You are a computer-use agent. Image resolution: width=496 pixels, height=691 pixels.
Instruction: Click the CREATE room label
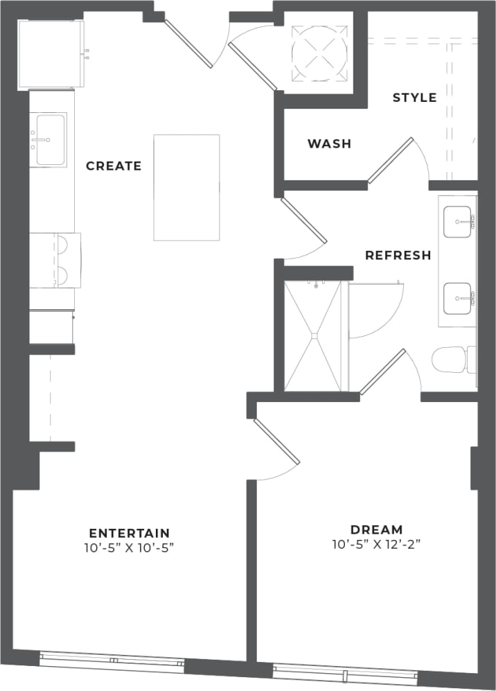pos(114,166)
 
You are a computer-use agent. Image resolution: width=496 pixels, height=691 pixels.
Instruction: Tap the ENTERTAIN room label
pos(129,533)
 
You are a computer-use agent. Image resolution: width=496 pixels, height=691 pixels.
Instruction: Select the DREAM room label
pos(376,530)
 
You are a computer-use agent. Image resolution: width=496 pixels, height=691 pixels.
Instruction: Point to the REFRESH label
pos(398,255)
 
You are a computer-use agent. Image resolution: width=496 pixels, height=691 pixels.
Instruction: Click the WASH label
pos(329,144)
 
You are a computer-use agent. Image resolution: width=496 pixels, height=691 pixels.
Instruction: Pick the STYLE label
pos(414,98)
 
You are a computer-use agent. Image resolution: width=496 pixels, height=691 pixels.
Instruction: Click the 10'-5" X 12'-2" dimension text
pos(376,545)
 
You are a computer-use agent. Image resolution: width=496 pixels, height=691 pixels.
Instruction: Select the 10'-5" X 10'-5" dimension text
pos(129,548)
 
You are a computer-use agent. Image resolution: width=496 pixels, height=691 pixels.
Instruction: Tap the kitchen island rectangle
pos(186,188)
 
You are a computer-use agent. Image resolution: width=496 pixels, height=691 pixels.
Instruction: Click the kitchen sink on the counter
pos(51,140)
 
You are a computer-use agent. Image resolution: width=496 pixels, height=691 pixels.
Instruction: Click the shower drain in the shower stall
pos(313,336)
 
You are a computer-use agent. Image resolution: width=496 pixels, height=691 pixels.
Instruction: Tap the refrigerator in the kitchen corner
pos(51,54)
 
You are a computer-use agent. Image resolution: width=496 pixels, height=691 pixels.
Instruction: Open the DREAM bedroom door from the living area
pos(276,444)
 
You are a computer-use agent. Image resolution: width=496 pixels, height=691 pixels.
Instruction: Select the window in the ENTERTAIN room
pos(112,662)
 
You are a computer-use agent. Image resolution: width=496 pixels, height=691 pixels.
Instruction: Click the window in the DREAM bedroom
pos(345,674)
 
